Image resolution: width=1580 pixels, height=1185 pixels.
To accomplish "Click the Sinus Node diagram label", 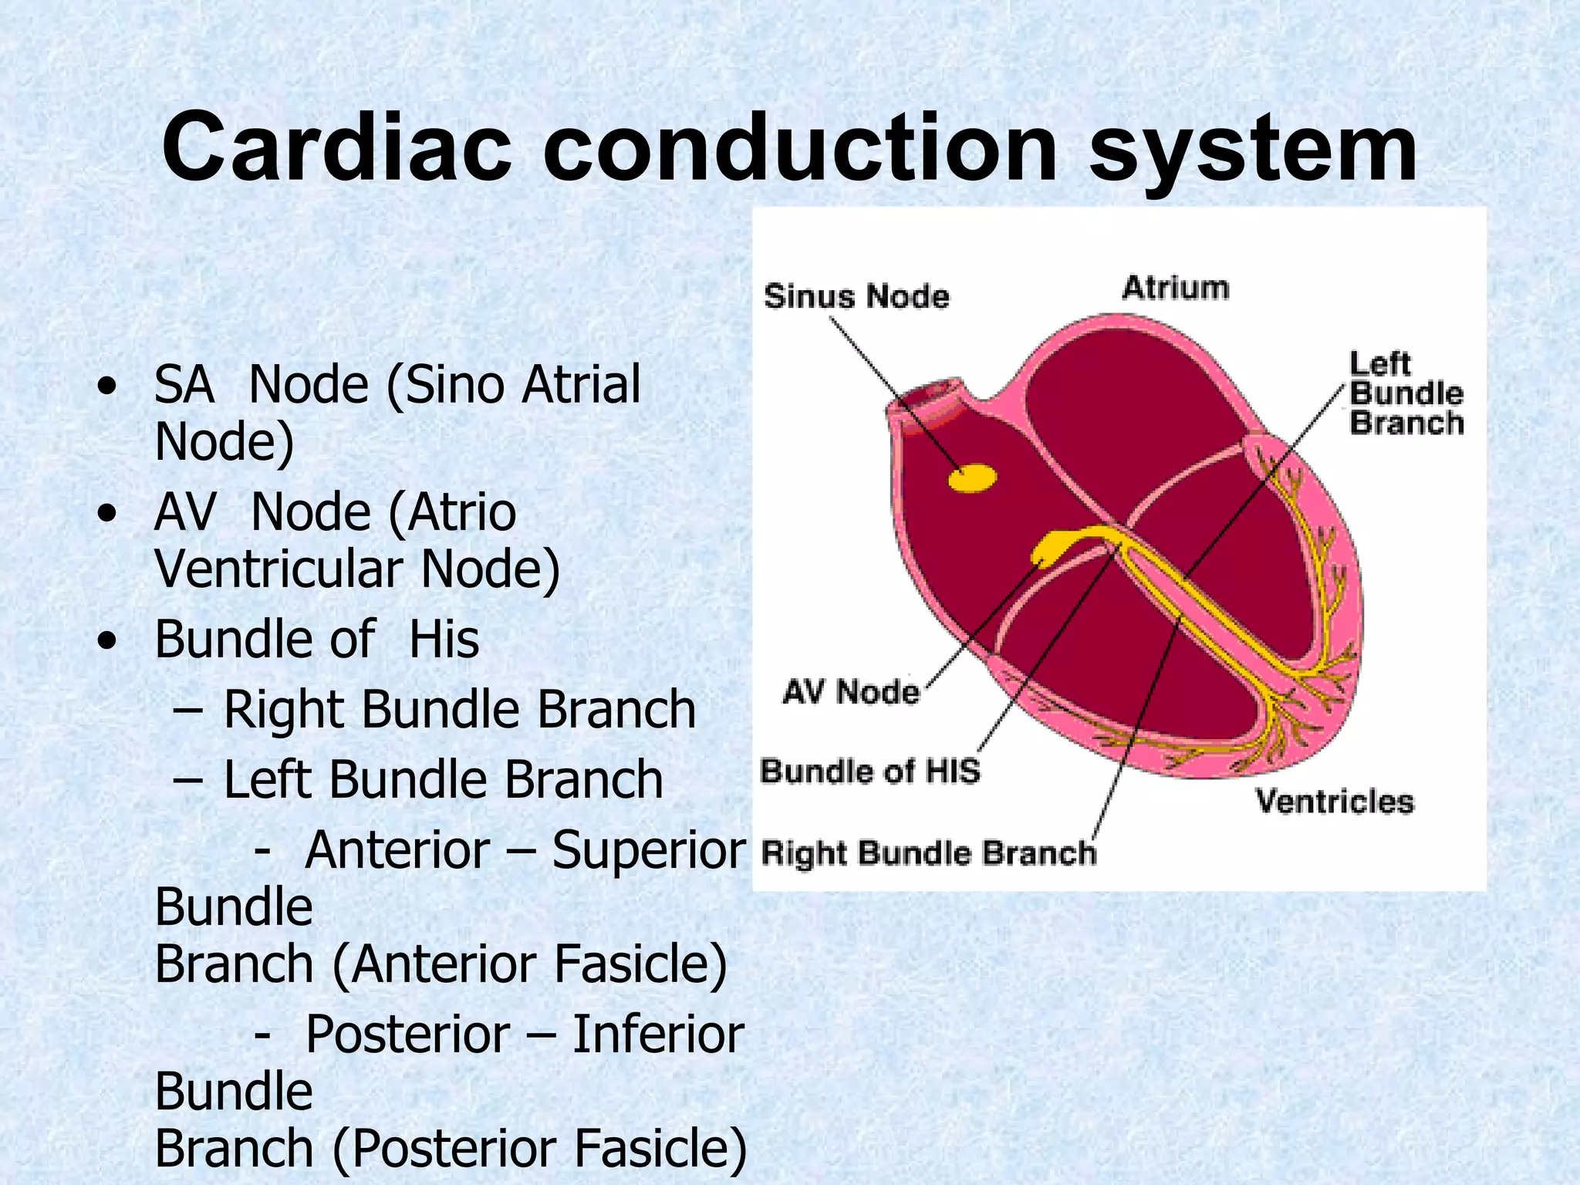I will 856,296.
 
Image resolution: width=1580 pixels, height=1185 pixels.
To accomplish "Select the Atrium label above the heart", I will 1175,288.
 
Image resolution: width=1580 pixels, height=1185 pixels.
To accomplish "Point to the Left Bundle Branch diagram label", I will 1406,393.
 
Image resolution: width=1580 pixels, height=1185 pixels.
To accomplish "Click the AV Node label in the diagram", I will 851,691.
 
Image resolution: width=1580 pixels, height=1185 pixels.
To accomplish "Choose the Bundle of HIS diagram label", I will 869,771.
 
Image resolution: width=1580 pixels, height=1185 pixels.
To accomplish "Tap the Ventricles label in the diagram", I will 1335,801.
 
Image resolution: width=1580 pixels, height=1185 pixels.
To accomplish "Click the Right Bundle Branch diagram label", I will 928,853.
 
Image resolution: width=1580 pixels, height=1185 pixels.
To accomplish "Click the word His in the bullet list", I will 444,640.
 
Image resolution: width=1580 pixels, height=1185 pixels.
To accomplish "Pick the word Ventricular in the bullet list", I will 279,569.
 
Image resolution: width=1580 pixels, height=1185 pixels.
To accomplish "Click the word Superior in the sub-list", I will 649,849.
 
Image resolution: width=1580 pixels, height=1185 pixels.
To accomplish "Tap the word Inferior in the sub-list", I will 658,1034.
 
